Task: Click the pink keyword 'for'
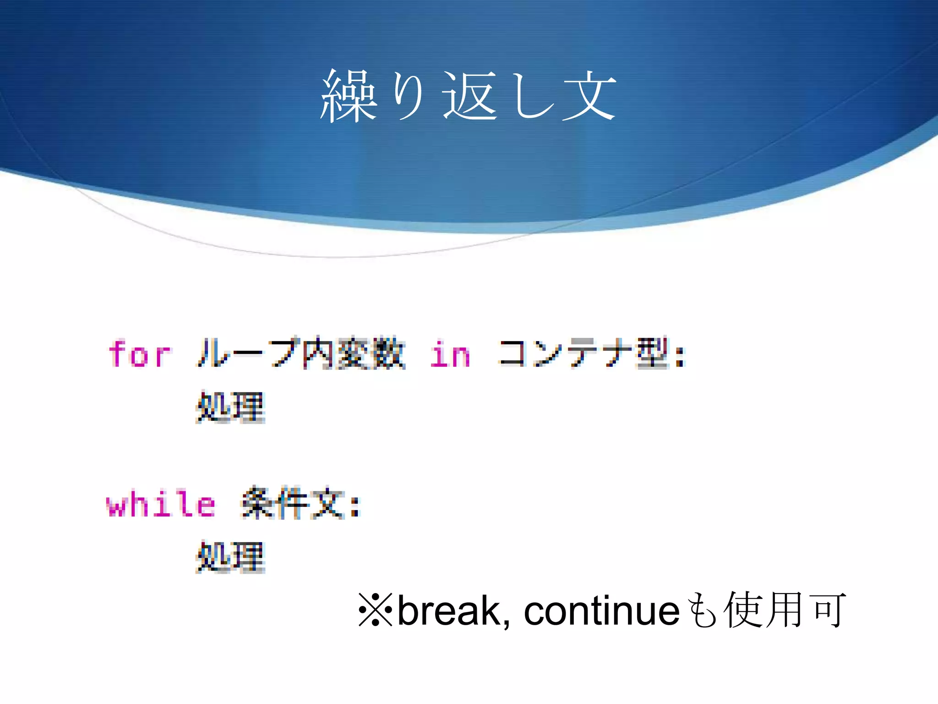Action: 140,354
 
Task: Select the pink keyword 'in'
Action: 450,354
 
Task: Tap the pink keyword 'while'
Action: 161,504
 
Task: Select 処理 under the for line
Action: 230,407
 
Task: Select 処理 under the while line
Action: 230,557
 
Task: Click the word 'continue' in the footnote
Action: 601,610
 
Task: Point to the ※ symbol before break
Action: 375,610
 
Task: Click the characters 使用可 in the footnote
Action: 785,610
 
